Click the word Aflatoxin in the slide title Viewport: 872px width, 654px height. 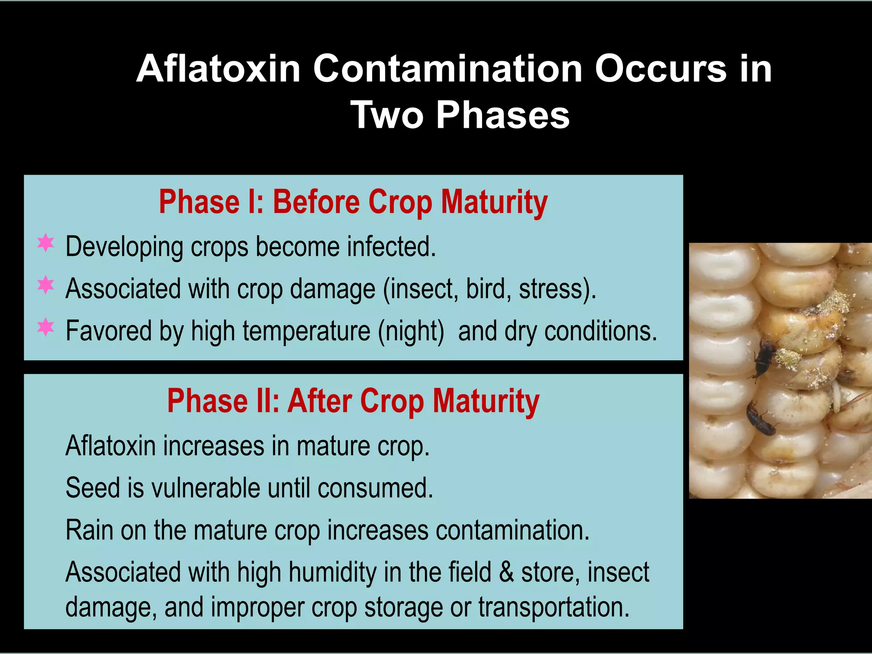click(x=218, y=69)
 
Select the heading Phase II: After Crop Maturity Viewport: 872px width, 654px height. click(x=353, y=401)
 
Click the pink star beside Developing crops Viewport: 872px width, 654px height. click(x=46, y=243)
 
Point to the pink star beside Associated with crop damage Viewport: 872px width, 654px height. click(x=46, y=285)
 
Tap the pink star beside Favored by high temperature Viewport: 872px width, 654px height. click(x=46, y=327)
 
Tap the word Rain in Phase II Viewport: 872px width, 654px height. click(x=89, y=530)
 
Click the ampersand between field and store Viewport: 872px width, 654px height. click(x=506, y=572)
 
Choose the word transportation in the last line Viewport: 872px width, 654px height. click(x=553, y=607)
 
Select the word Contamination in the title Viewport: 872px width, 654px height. click(x=447, y=69)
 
